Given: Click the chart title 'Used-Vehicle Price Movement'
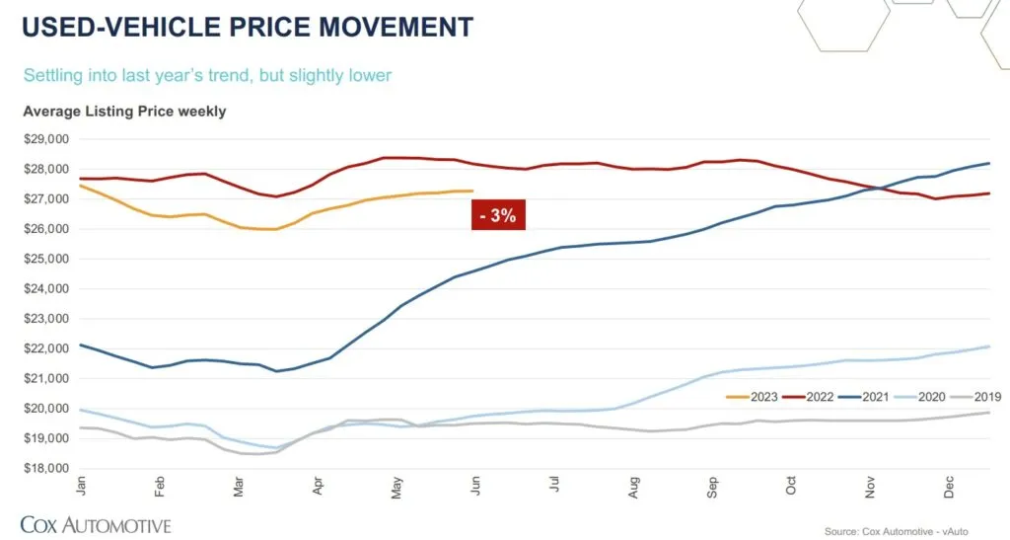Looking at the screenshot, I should pos(248,26).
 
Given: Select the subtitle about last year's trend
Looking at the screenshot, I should pos(207,75).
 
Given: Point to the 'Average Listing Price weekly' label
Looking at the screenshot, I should pos(124,111).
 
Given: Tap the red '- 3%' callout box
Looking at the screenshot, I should pos(498,214).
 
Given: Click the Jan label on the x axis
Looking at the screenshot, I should pos(80,487).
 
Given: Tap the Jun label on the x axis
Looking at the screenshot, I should pos(474,487).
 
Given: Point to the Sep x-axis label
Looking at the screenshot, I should pos(713,487).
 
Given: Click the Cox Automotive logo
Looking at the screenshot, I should pos(96,524).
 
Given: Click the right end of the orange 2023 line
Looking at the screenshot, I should pos(473,191).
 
